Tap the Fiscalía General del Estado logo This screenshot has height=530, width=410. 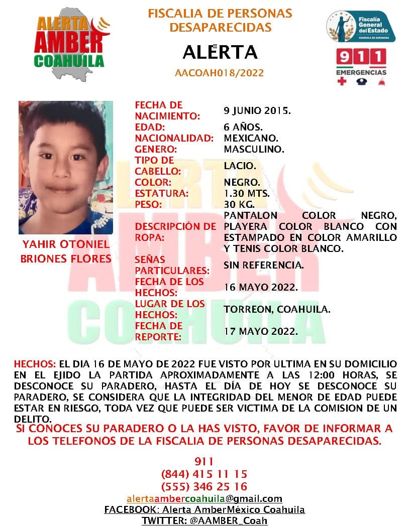click(x=360, y=26)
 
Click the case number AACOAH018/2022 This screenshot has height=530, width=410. click(x=220, y=73)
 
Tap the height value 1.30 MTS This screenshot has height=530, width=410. click(x=247, y=193)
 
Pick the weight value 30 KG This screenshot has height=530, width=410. click(x=239, y=204)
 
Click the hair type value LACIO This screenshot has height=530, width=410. click(x=240, y=166)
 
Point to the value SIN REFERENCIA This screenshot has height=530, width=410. click(x=264, y=265)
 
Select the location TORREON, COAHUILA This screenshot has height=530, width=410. click(x=277, y=309)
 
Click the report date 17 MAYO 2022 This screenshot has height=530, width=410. click(x=261, y=331)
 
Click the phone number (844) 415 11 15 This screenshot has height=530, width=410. click(x=204, y=474)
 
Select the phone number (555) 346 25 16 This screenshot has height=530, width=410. click(x=204, y=486)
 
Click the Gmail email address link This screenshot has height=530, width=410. click(x=204, y=499)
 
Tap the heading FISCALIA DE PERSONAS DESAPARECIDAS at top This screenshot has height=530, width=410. click(x=220, y=20)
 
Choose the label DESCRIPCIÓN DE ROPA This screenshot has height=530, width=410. click(x=175, y=232)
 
